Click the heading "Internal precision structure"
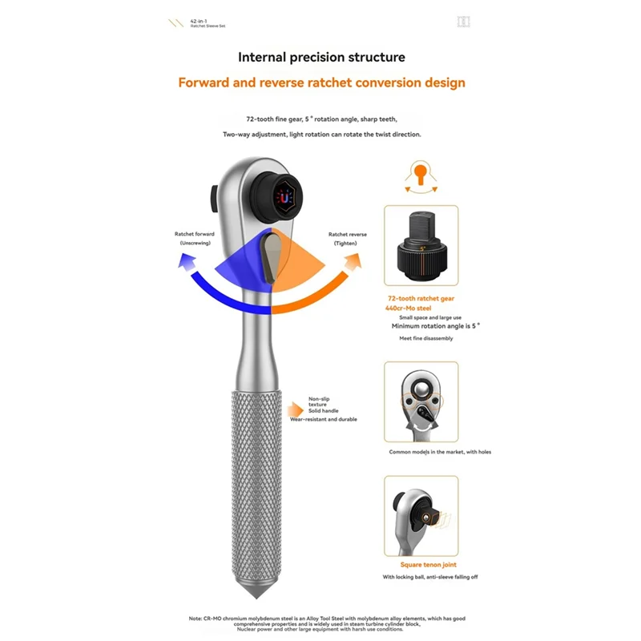click(321, 57)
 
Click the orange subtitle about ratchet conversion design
click(322, 83)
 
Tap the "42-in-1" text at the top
click(199, 21)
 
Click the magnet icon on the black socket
click(284, 198)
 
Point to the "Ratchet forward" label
click(194, 234)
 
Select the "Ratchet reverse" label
click(348, 234)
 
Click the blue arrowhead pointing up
click(187, 262)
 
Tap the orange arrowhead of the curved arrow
click(353, 262)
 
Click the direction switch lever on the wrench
click(270, 256)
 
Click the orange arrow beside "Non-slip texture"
click(295, 409)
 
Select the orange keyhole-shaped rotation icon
click(420, 174)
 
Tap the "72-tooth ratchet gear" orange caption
click(421, 298)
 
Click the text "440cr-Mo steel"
click(408, 308)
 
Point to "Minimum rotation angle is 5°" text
click(436, 326)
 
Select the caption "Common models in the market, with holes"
click(440, 452)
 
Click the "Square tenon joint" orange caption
click(429, 565)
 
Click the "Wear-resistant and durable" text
click(324, 419)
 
